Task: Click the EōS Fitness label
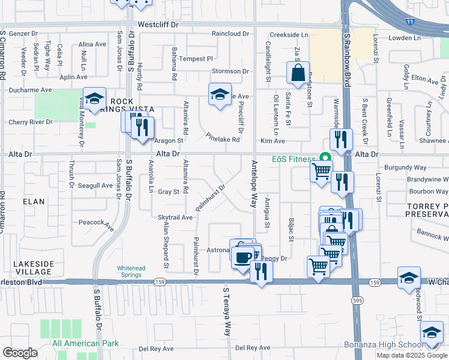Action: coord(292,159)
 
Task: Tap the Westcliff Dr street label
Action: coord(158,25)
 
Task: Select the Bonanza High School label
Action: coord(382,345)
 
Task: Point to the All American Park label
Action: coord(85,344)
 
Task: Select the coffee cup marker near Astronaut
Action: coord(243,258)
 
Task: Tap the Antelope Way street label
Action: coord(254,184)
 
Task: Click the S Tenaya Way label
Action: coord(226,311)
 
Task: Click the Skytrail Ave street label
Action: coord(175,217)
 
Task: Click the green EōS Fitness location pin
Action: coord(325,158)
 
